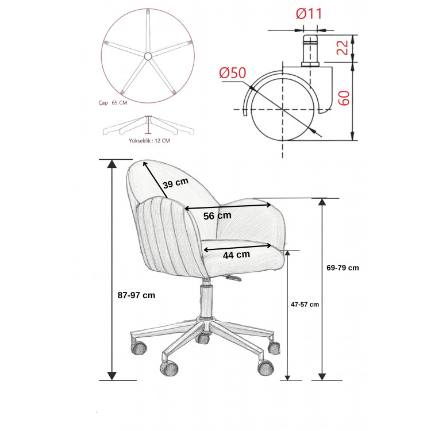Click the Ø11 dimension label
point(309,14)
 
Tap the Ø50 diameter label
point(233,73)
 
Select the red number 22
point(343,48)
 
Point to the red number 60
point(344,98)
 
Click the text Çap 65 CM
point(113,103)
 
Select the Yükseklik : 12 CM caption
point(149,141)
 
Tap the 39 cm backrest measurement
point(176,183)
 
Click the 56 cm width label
point(217,215)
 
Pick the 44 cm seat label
point(236,255)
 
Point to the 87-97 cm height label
point(136,295)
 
